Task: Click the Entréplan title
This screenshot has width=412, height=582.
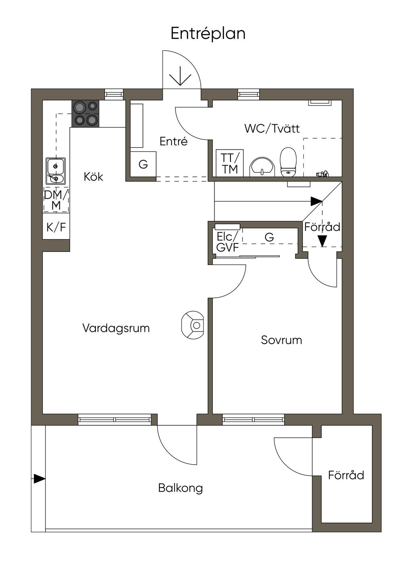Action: click(x=208, y=33)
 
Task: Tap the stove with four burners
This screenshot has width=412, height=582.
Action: click(x=85, y=113)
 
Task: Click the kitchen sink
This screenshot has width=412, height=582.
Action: click(x=56, y=171)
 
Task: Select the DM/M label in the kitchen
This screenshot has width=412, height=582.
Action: click(x=56, y=200)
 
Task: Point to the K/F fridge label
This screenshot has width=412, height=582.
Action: click(x=56, y=227)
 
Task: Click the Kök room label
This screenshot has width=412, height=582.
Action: click(x=93, y=176)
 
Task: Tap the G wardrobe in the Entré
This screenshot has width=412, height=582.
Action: click(x=143, y=164)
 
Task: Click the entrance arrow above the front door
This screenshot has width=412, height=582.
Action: click(x=180, y=75)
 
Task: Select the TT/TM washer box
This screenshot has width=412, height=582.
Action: click(x=229, y=163)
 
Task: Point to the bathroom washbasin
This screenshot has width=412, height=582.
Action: click(x=262, y=167)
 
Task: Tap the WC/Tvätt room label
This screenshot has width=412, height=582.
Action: click(x=272, y=129)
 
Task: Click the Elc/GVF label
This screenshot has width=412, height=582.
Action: click(x=227, y=242)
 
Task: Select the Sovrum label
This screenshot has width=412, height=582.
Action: click(x=281, y=340)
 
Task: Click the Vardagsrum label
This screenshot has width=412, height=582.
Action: click(x=116, y=328)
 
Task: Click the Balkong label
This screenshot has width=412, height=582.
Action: click(x=180, y=488)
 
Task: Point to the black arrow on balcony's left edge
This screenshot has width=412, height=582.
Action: click(x=39, y=479)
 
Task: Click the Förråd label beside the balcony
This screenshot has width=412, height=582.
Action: click(x=346, y=475)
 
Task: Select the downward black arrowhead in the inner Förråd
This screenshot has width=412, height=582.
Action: click(x=322, y=241)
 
